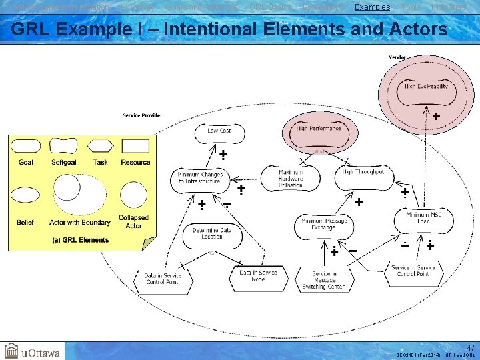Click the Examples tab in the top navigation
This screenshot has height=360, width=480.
coord(372,7)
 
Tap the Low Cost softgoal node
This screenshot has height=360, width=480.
coord(219,131)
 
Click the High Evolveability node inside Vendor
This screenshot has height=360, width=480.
coord(426,87)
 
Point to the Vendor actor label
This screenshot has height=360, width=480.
coord(397,57)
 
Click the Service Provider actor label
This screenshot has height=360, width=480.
coord(142,115)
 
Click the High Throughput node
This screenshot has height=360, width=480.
coord(363,173)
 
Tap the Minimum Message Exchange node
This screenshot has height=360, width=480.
coord(323,224)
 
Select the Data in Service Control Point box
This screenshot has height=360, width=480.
coord(163,278)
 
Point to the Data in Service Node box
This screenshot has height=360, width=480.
coord(258,275)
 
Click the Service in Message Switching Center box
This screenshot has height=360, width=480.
coord(324,280)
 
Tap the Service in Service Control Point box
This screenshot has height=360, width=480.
coord(413,271)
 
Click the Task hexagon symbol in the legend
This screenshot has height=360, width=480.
coord(100,145)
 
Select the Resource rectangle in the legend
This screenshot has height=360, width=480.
coord(135,145)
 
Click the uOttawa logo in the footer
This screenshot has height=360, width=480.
coord(32,351)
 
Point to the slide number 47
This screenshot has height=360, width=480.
coord(471,347)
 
